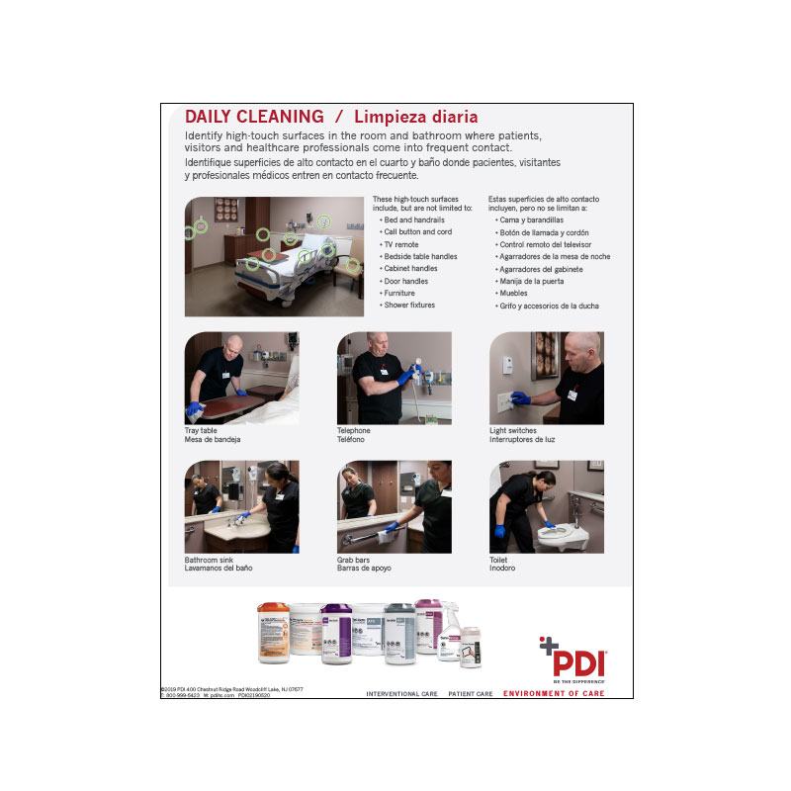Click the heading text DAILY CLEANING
point(254,117)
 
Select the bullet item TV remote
point(401,244)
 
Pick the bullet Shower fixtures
point(409,306)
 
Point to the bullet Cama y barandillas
point(532,220)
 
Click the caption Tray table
point(203,431)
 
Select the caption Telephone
point(354,431)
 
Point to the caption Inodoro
point(502,569)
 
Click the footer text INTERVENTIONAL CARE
point(401,694)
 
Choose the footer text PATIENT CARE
point(471,694)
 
